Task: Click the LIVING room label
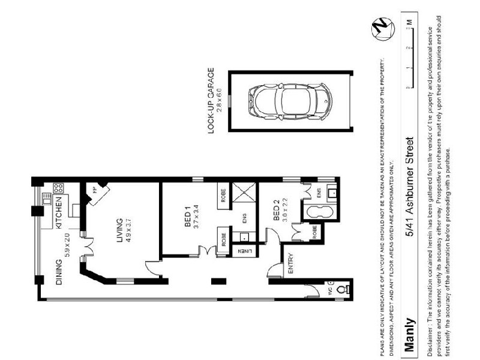(x=119, y=230)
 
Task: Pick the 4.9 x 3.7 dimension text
(x=127, y=230)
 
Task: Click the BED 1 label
(x=187, y=215)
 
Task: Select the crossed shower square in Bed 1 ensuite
(x=246, y=195)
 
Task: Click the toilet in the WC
(x=342, y=289)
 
